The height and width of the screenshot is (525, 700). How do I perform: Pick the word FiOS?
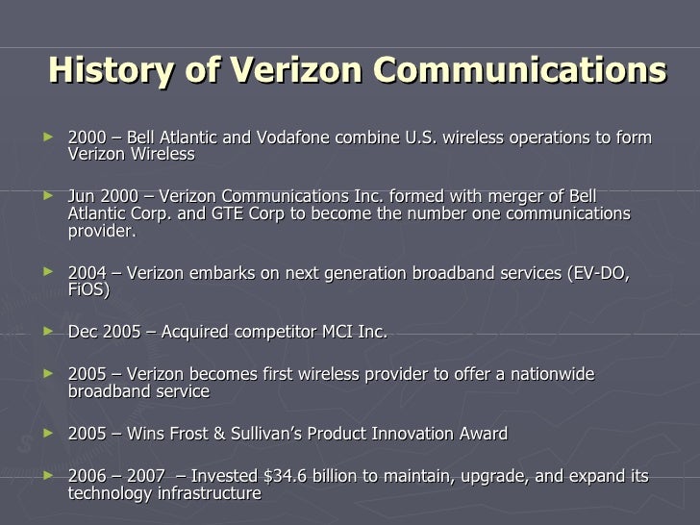(87, 289)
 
